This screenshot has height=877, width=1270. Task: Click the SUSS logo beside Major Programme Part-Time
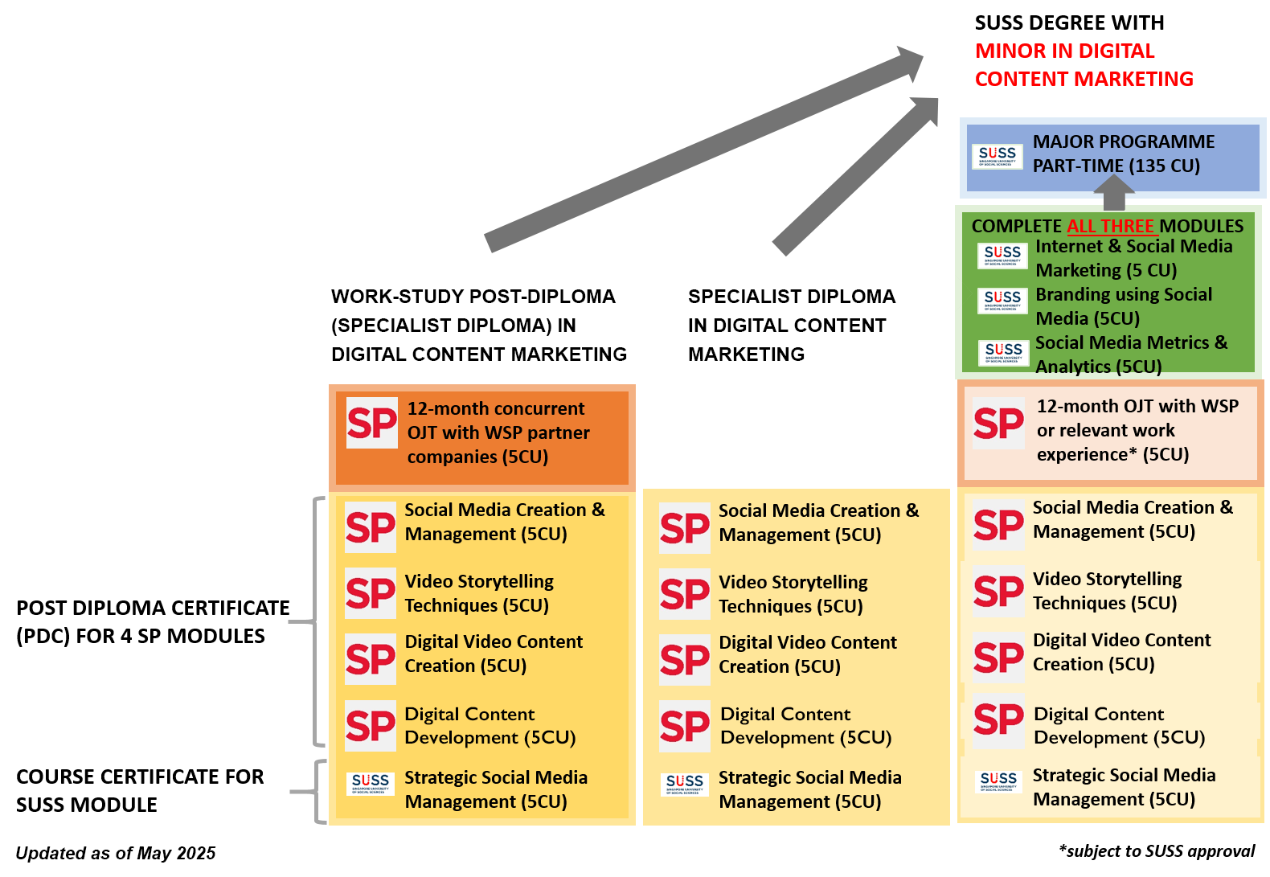pyautogui.click(x=997, y=156)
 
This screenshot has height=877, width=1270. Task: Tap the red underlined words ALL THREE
pyautogui.click(x=1110, y=226)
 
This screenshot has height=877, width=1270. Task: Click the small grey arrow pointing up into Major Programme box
pyautogui.click(x=1114, y=193)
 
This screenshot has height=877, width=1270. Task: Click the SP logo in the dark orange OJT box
pyautogui.click(x=372, y=423)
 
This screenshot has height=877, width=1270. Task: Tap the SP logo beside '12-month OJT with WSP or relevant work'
pyautogui.click(x=998, y=423)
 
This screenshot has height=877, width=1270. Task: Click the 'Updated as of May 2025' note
pyautogui.click(x=116, y=853)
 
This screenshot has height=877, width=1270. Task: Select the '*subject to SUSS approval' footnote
pyautogui.click(x=1157, y=851)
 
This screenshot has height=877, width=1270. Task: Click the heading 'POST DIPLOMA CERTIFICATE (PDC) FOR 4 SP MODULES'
pyautogui.click(x=153, y=621)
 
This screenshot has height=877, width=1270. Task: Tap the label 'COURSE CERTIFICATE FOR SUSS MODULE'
pyautogui.click(x=140, y=790)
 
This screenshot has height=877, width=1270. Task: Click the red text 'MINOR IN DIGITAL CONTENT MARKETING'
pyautogui.click(x=1084, y=65)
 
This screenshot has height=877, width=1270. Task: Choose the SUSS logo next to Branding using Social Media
pyautogui.click(x=1002, y=301)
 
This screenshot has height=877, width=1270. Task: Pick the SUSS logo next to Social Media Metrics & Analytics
pyautogui.click(x=1003, y=352)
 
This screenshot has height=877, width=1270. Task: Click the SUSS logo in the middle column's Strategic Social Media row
pyautogui.click(x=685, y=784)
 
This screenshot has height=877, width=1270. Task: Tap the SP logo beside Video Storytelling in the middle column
pyautogui.click(x=685, y=595)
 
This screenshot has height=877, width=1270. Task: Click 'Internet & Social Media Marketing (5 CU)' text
pyautogui.click(x=1133, y=258)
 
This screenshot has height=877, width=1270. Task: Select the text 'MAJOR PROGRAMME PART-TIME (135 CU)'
pyautogui.click(x=1123, y=154)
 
